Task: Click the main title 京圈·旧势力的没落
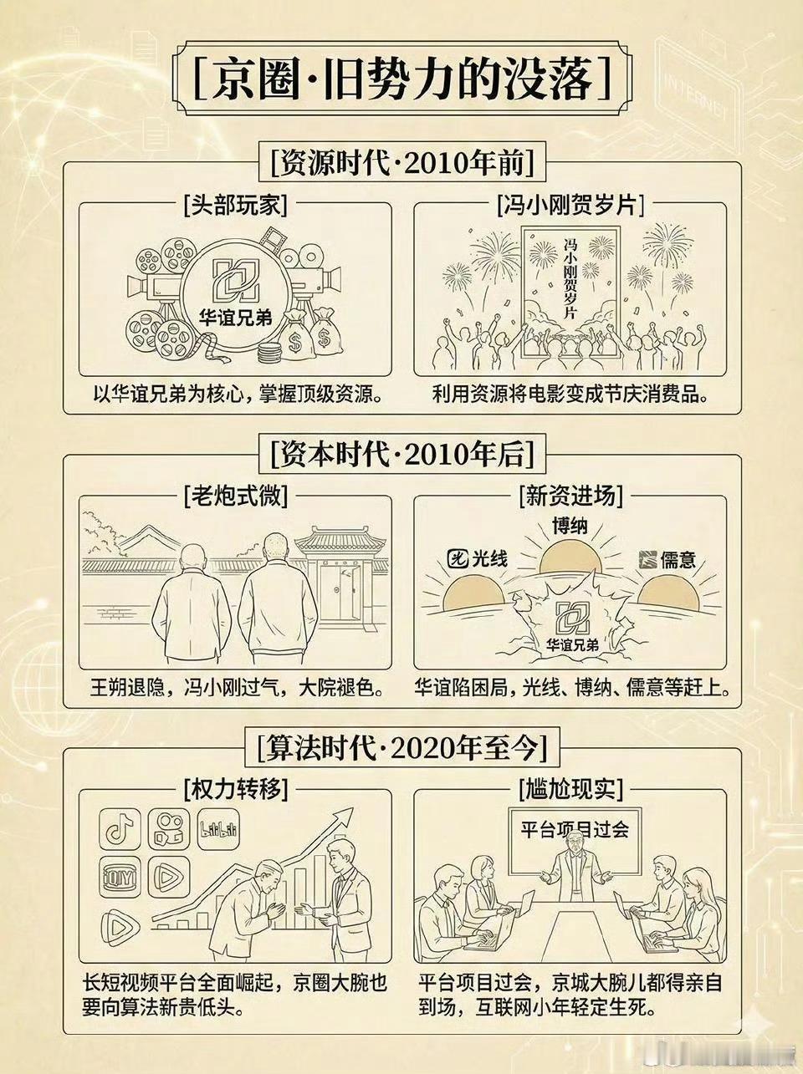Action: coord(402,79)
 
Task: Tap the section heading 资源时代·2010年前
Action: coord(401,162)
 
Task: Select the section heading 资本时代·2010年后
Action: coord(401,455)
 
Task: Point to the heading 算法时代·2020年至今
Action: coord(401,748)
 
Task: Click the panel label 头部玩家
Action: coord(235,206)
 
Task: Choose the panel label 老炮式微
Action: coord(235,497)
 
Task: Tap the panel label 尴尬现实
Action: coord(570,789)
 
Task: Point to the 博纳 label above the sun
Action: coord(570,526)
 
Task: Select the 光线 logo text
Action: coord(478,559)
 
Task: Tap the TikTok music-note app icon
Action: coord(120,829)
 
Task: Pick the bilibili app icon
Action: coord(218,829)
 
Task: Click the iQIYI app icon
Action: coord(120,878)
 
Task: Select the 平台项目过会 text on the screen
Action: coord(575,829)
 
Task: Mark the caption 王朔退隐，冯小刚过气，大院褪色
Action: coord(236,689)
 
